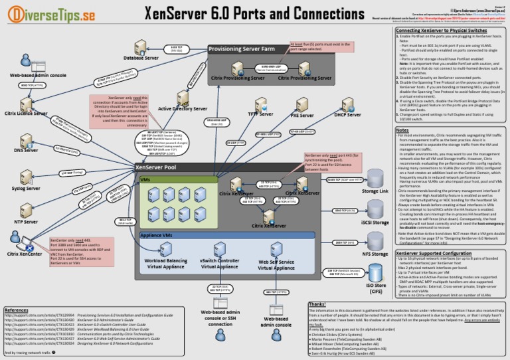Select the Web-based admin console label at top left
38,76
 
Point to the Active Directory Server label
182,108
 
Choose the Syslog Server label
26,188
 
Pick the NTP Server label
26,222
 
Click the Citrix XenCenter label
26,254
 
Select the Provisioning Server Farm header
241,49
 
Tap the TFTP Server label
260,114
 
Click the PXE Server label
302,115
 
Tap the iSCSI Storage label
375,223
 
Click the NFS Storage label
375,254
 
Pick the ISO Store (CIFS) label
375,288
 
